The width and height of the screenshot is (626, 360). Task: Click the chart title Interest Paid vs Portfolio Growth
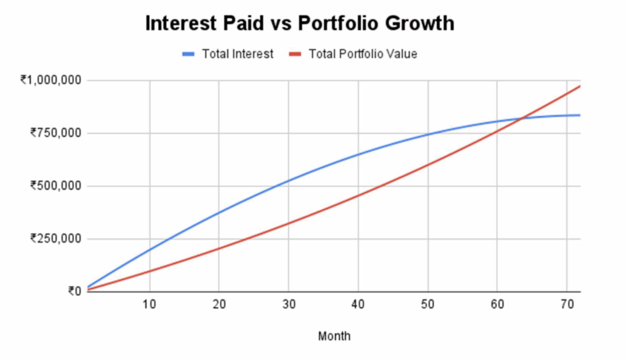(300, 23)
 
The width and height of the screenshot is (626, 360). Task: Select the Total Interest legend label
(238, 54)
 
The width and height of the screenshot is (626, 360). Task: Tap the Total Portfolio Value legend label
(363, 54)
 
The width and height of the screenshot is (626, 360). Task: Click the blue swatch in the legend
(188, 54)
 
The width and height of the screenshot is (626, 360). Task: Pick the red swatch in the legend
(295, 54)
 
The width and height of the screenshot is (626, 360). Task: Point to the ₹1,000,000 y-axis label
(51, 80)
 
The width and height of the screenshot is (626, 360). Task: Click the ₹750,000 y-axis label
(56, 133)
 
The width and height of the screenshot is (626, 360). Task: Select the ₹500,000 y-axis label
(56, 186)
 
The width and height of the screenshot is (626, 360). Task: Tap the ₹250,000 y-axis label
(56, 238)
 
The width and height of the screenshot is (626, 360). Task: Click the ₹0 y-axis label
(75, 292)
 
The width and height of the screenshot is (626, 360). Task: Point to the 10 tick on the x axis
(149, 304)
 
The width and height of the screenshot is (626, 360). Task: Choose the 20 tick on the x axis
(219, 304)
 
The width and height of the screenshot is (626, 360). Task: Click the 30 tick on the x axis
(289, 304)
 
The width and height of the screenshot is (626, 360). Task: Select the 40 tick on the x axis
(358, 304)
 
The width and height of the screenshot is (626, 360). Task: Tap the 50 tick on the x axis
(427, 304)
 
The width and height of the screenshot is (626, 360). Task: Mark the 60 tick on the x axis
(498, 304)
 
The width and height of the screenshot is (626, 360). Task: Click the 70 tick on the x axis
(567, 304)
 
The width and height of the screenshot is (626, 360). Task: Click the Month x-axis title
(334, 336)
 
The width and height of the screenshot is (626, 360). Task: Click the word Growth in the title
(420, 23)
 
